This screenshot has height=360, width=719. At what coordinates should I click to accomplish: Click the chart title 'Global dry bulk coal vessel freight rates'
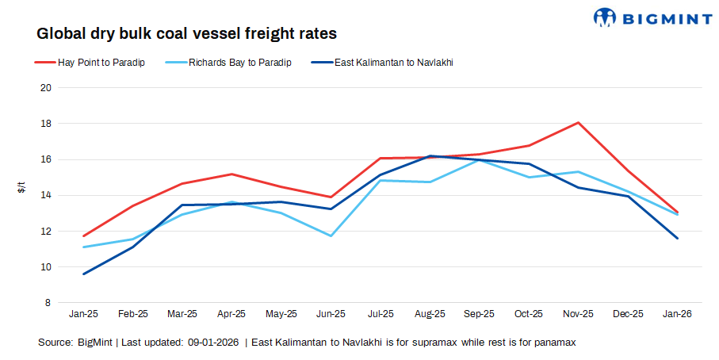[x=187, y=34]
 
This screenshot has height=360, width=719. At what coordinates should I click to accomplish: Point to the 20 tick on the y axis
[x=46, y=88]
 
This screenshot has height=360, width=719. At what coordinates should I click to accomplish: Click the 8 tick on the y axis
[x=48, y=303]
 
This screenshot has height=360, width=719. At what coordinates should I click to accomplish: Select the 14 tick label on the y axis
[x=46, y=195]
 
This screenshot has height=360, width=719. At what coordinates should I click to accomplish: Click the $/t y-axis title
[x=21, y=189]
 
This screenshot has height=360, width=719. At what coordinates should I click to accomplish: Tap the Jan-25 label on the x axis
[x=83, y=314]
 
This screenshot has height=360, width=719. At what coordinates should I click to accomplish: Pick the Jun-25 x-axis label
[x=331, y=314]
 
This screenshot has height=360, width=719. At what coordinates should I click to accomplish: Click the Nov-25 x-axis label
[x=578, y=314]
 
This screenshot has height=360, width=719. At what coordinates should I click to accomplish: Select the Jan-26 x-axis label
[x=677, y=314]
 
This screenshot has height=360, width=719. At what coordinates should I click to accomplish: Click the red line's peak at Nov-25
[x=578, y=122]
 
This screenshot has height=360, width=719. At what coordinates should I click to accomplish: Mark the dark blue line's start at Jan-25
[x=83, y=274]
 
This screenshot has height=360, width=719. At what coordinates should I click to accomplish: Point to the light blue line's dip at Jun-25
[x=331, y=236]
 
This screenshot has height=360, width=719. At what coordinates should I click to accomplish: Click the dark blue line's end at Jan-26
[x=677, y=238]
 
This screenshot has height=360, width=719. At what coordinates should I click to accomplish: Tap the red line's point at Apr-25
[x=231, y=174]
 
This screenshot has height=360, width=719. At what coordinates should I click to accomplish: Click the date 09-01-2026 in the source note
[x=213, y=343]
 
